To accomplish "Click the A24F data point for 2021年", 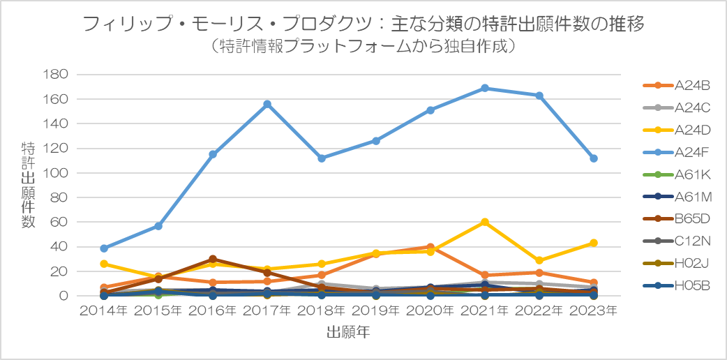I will pyautogui.click(x=485, y=88).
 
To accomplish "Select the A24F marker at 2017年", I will pyautogui.click(x=267, y=104).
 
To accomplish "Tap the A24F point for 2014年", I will pyautogui.click(x=104, y=248).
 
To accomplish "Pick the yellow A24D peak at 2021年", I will pyautogui.click(x=485, y=222).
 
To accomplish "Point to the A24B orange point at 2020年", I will pyautogui.click(x=430, y=247).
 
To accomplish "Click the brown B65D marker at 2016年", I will pyautogui.click(x=213, y=259).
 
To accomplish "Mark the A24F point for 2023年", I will pyautogui.click(x=594, y=158).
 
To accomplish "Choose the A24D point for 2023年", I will pyautogui.click(x=594, y=243).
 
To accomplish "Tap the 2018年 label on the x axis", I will pyautogui.click(x=321, y=311).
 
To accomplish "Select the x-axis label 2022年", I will pyautogui.click(x=539, y=311).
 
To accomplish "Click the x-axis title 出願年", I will pyautogui.click(x=348, y=333).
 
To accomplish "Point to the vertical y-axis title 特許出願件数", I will pyautogui.click(x=28, y=185).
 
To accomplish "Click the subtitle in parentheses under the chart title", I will pyautogui.click(x=363, y=47).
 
